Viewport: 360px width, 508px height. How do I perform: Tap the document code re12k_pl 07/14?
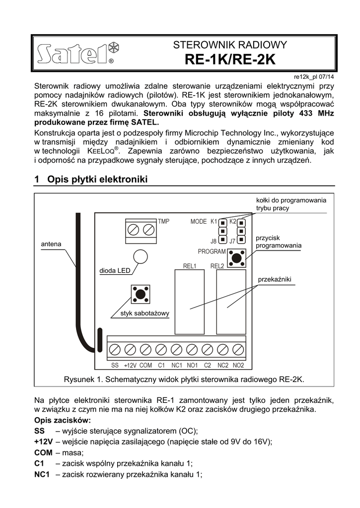tap(314, 77)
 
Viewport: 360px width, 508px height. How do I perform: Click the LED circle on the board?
tap(141, 256)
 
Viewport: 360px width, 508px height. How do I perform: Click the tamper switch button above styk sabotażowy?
tap(141, 294)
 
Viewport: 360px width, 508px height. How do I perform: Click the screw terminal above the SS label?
tap(115, 350)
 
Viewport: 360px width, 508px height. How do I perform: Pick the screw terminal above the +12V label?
tap(130, 350)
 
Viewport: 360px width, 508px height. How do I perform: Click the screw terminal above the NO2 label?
tap(238, 350)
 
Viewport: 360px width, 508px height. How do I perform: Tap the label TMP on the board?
tap(163, 221)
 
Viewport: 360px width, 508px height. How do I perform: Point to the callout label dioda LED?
tap(114, 271)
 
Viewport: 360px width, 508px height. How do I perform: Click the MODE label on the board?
tap(198, 221)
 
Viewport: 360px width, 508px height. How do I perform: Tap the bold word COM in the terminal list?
tap(44, 452)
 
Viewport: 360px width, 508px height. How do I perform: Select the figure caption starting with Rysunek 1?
tap(183, 380)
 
